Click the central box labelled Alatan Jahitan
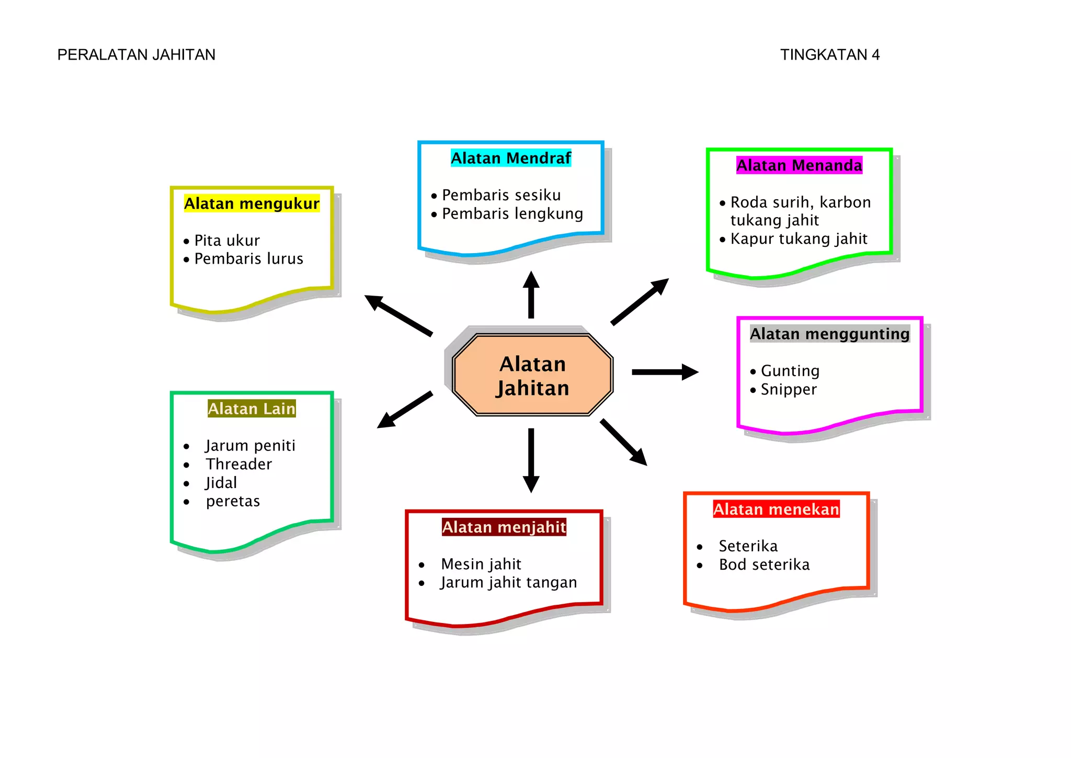coord(532,375)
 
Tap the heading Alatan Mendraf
coord(511,158)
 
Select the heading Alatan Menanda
coord(799,165)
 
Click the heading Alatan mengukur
coord(252,203)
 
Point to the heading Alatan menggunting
coord(830,334)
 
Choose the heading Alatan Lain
coord(252,409)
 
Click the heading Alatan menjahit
coord(504,527)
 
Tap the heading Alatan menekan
coord(776,509)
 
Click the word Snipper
coord(789,390)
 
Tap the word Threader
coord(239,464)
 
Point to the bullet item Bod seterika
coord(764,565)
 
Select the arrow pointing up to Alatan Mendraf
coord(531,295)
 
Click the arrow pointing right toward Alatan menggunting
coord(665,372)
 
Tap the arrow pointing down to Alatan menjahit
coord(531,460)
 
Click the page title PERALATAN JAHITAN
coord(136,55)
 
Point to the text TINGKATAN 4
coord(830,55)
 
